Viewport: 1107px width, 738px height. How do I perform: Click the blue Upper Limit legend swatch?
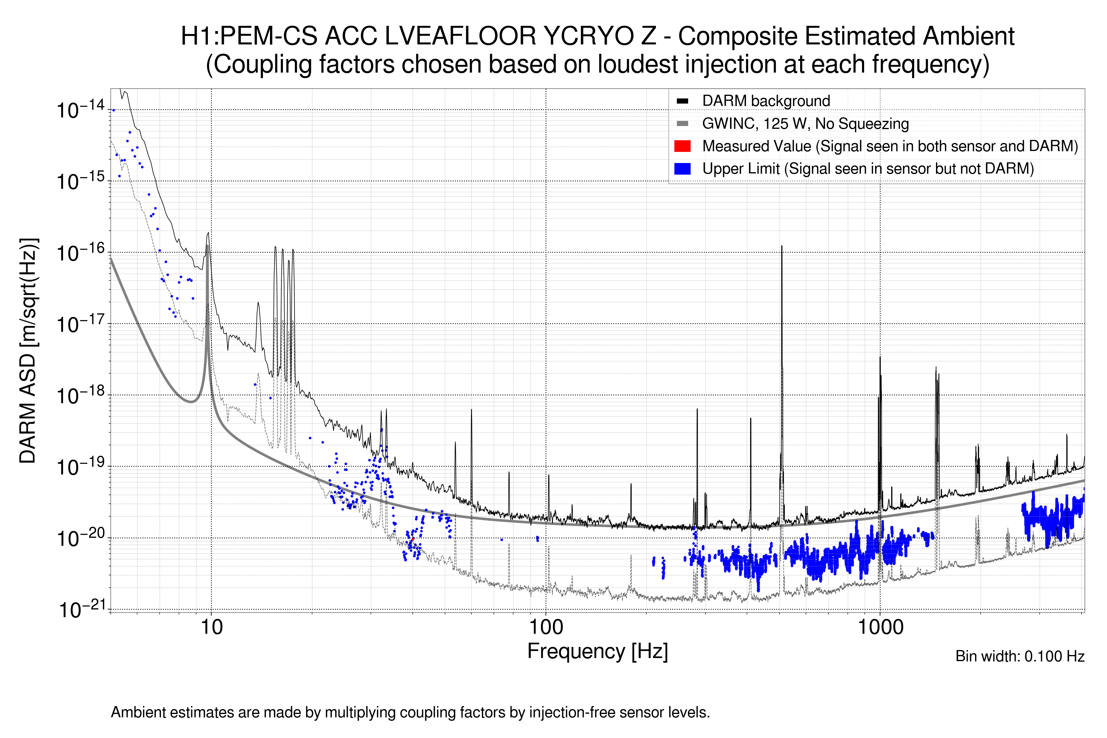pyautogui.click(x=682, y=169)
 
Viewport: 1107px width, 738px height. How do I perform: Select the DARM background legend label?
pyautogui.click(x=766, y=101)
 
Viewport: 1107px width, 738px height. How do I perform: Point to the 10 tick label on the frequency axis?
pyautogui.click(x=211, y=627)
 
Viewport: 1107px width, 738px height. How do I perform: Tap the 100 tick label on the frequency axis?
pyautogui.click(x=546, y=627)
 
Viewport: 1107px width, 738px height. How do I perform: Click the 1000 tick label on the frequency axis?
pyautogui.click(x=880, y=627)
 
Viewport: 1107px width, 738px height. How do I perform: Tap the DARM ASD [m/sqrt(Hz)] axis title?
pyautogui.click(x=28, y=351)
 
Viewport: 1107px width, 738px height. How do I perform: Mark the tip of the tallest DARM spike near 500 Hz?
pyautogui.click(x=782, y=246)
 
